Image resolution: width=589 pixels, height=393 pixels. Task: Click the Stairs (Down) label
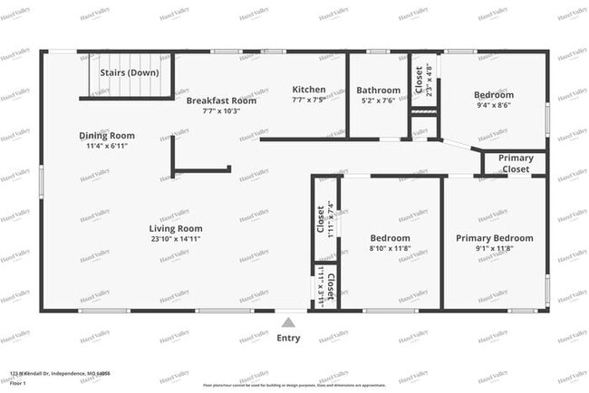(126, 72)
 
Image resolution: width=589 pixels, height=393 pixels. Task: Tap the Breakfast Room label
(221, 101)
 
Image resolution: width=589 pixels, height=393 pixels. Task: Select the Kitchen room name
(309, 89)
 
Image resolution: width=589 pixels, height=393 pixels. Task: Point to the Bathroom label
(378, 91)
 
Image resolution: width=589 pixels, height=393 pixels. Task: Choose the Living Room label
(176, 228)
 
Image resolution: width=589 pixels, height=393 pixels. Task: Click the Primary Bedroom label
(494, 238)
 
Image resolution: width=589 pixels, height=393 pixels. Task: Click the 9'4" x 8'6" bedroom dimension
(493, 105)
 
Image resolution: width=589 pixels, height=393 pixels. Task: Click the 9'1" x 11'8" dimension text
(494, 249)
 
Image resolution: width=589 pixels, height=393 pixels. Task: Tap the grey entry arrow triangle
(288, 322)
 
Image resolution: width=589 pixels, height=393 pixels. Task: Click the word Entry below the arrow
(288, 338)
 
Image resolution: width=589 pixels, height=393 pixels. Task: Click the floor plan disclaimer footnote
(294, 384)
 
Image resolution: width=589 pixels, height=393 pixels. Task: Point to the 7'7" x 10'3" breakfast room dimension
(221, 110)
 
